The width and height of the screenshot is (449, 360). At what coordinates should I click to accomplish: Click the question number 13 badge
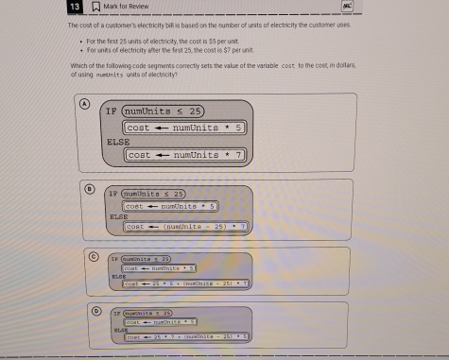coord(74,7)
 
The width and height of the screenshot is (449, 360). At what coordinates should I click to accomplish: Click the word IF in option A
coord(111,110)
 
